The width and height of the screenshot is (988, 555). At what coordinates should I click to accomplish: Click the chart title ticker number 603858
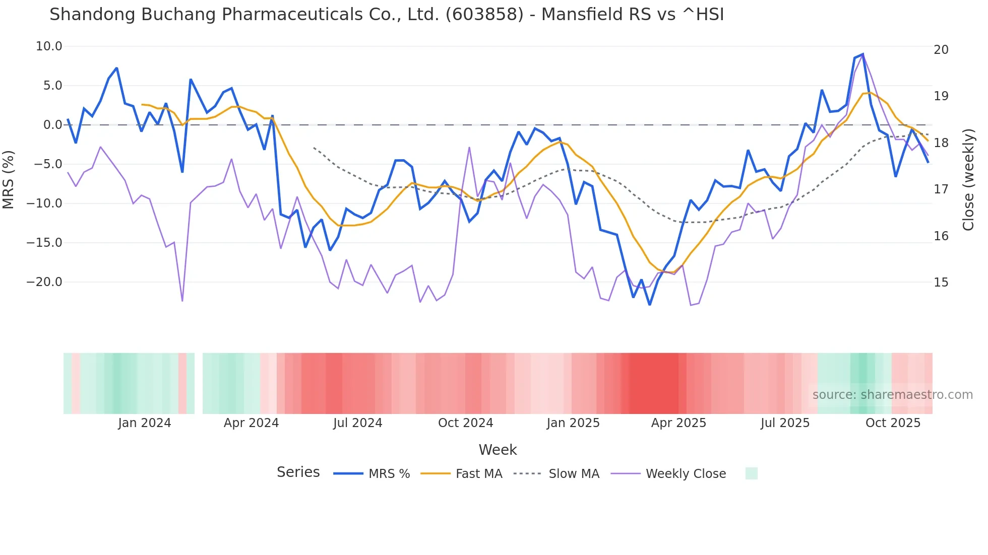(484, 15)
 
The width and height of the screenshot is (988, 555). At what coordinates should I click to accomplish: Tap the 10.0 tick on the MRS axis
(49, 46)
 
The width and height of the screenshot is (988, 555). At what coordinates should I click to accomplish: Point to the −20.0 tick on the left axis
(44, 282)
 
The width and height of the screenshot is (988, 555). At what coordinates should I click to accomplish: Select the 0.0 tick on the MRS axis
(52, 125)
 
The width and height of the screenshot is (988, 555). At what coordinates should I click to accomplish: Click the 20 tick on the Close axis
(941, 50)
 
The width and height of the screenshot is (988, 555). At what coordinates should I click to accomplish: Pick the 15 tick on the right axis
(941, 283)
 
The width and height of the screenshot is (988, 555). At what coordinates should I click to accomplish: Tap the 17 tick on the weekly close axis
(941, 189)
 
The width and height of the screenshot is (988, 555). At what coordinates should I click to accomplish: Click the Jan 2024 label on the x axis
(145, 423)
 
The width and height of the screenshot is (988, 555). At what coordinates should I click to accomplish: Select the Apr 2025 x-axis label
(678, 423)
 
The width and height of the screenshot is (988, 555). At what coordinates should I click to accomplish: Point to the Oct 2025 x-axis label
(893, 423)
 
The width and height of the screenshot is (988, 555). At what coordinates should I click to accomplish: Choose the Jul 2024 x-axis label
(358, 423)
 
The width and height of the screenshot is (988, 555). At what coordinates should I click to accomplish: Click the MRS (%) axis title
(9, 179)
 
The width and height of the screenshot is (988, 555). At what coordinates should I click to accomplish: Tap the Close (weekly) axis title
(968, 180)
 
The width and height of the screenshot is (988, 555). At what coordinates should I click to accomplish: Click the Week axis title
(498, 450)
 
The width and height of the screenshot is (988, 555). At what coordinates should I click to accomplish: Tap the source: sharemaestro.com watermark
(892, 395)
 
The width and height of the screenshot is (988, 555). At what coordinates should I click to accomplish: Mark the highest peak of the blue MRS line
(862, 54)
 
